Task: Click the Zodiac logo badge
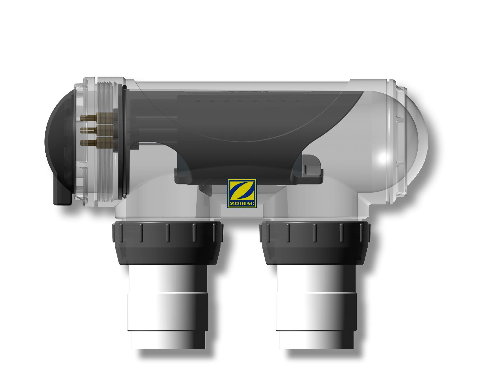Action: coord(242,193)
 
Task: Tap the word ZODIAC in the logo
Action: coord(242,204)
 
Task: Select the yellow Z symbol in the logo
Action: coord(242,191)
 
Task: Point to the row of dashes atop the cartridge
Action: coord(255,101)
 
